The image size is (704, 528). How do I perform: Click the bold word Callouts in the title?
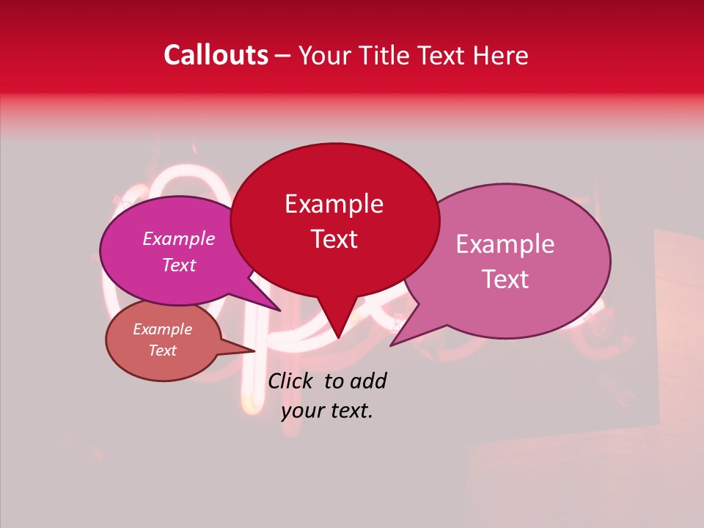tap(216, 55)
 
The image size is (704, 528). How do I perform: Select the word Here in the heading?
tap(501, 55)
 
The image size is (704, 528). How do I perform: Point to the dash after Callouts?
tap(284, 56)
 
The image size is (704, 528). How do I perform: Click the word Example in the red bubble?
tap(334, 204)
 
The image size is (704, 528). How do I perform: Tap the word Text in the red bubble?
tap(334, 239)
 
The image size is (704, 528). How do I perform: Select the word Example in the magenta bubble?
tap(178, 238)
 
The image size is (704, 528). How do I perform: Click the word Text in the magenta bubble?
tap(178, 265)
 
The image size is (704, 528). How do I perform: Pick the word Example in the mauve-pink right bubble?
tap(505, 244)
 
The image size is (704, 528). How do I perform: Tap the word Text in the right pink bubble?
tap(505, 279)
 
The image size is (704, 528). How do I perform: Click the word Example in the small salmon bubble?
tap(162, 329)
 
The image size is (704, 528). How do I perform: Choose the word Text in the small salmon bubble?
tap(162, 351)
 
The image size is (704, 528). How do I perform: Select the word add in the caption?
tap(368, 381)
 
